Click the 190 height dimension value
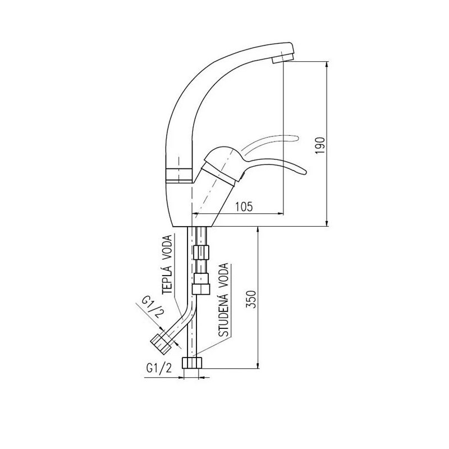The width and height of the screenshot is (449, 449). (x=320, y=146)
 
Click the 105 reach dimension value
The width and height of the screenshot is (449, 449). (x=244, y=207)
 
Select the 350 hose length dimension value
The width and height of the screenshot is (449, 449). (x=251, y=300)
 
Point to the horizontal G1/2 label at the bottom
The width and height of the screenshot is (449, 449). (x=159, y=368)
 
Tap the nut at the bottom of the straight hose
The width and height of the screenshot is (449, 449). (x=192, y=363)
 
